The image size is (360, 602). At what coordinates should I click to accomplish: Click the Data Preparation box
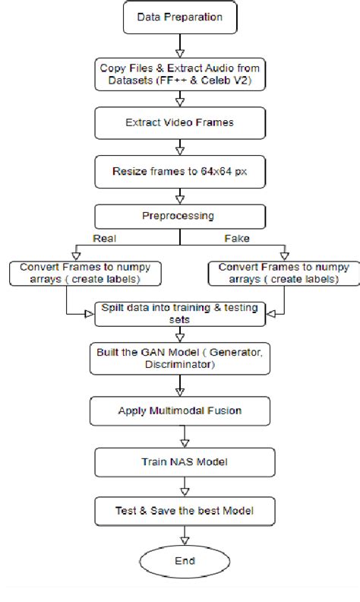pyautogui.click(x=179, y=17)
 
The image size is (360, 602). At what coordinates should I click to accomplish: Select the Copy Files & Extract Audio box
pyautogui.click(x=179, y=73)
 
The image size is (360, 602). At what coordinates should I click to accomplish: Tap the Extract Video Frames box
pyautogui.click(x=179, y=122)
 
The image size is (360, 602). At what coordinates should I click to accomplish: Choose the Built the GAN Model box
pyautogui.click(x=180, y=359)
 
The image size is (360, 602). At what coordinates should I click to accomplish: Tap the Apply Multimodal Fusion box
pyautogui.click(x=180, y=410)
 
